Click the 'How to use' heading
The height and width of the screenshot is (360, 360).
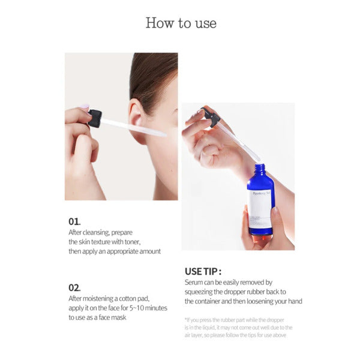[181, 23]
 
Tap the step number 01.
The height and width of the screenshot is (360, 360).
[74, 221]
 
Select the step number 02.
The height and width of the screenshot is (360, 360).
[75, 287]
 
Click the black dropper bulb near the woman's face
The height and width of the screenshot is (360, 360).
[95, 118]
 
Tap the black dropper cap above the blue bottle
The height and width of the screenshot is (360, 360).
[211, 116]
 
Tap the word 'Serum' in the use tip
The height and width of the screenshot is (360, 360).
[195, 282]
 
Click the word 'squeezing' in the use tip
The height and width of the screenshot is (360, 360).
[201, 292]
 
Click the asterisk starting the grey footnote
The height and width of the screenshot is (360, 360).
[186, 320]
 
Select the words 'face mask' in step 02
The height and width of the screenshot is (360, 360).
[111, 317]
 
